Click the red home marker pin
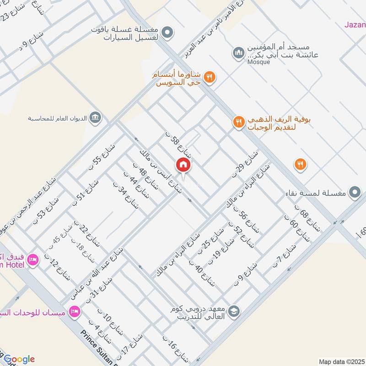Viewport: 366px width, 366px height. [x=183, y=165]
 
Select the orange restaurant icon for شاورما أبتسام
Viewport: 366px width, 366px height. [x=210, y=77]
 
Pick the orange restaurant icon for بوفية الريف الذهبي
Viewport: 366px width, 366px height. [x=238, y=122]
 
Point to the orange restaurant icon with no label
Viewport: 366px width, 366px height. [x=300, y=164]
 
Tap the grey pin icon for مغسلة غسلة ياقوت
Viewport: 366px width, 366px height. [x=168, y=33]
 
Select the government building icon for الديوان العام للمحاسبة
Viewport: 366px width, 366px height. [x=95, y=118]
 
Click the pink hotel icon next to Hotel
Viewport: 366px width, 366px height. [x=33, y=260]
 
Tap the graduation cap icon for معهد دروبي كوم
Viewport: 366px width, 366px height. [x=234, y=311]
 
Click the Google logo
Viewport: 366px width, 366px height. [x=18, y=359]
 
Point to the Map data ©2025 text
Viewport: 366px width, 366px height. [x=341, y=361]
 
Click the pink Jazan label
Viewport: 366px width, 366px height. [x=355, y=25]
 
